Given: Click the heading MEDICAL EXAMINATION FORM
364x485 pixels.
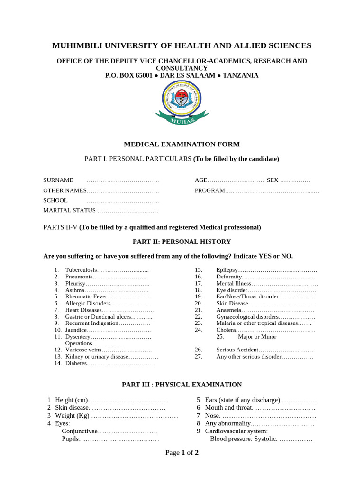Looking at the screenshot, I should pos(182,144).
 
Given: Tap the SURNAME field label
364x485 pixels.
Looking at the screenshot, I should pos(58,180).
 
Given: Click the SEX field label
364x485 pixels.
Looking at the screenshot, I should pos(273,180).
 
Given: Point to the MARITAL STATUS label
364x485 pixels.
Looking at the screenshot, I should pos(70,210).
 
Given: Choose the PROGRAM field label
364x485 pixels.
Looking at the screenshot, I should pos(209,190).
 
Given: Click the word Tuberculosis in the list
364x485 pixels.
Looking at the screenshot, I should pos(81,269).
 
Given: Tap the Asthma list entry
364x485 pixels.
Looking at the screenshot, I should pos(75,290).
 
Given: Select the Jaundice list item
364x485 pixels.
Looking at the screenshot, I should pos(76,330).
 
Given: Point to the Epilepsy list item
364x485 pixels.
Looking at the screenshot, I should pos(227,269).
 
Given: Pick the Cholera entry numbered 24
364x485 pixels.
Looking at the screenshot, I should pos(226,330).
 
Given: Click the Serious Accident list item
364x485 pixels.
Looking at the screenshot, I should pos(237,350).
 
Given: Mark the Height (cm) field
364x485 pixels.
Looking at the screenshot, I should pos(72,400).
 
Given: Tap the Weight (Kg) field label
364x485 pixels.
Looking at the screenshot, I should pos(72,416).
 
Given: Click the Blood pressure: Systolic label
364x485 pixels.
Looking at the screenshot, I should pos(243,439).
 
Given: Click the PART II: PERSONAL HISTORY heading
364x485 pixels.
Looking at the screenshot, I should pos(182,242).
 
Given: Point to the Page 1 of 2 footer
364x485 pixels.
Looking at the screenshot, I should pos(182,452).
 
